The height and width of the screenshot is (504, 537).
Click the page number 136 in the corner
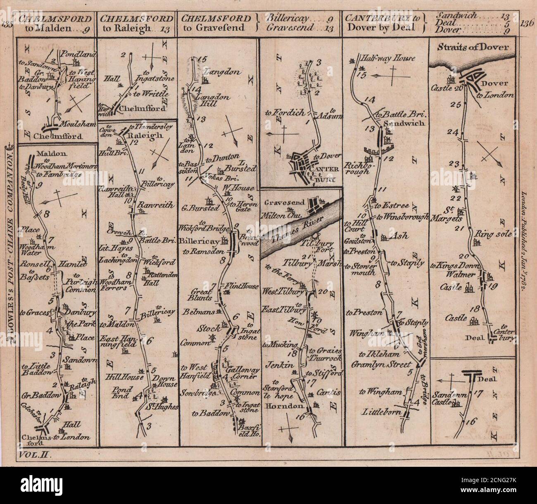click(x=527, y=23)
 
